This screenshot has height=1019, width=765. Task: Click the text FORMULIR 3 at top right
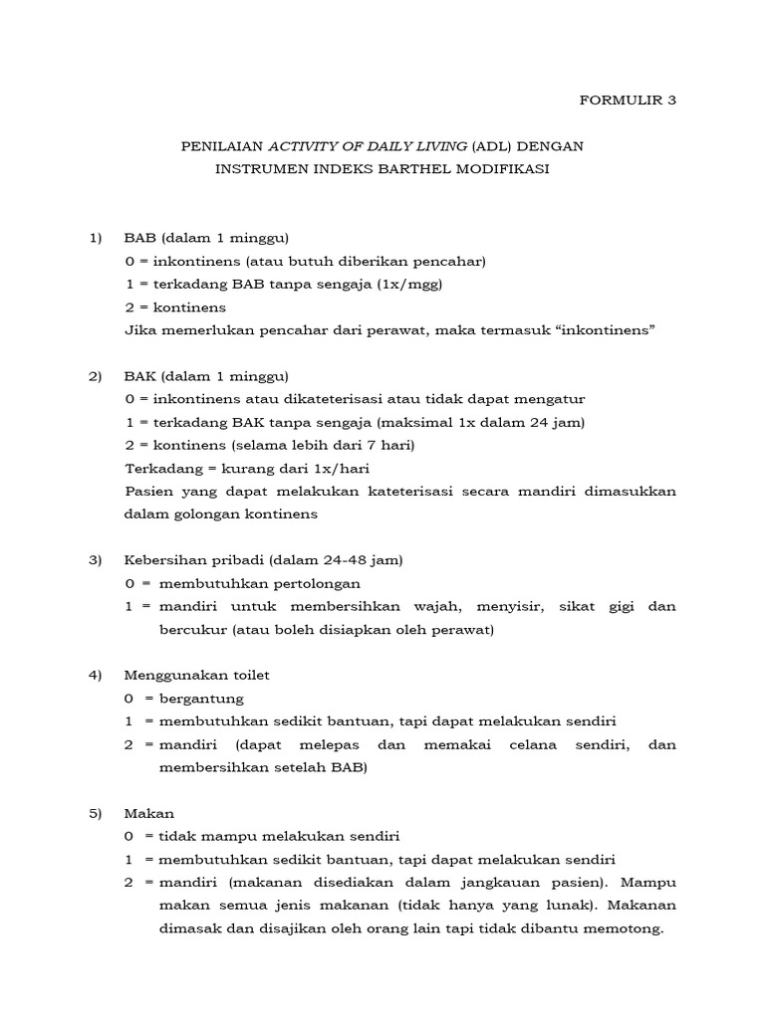(x=628, y=100)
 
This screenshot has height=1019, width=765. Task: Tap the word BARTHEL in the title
(x=426, y=169)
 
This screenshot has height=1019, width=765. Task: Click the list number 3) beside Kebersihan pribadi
(x=96, y=560)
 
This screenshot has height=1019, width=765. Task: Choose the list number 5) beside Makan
(x=96, y=813)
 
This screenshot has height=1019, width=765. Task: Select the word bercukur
(x=190, y=629)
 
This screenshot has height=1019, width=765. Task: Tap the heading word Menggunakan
(x=173, y=675)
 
